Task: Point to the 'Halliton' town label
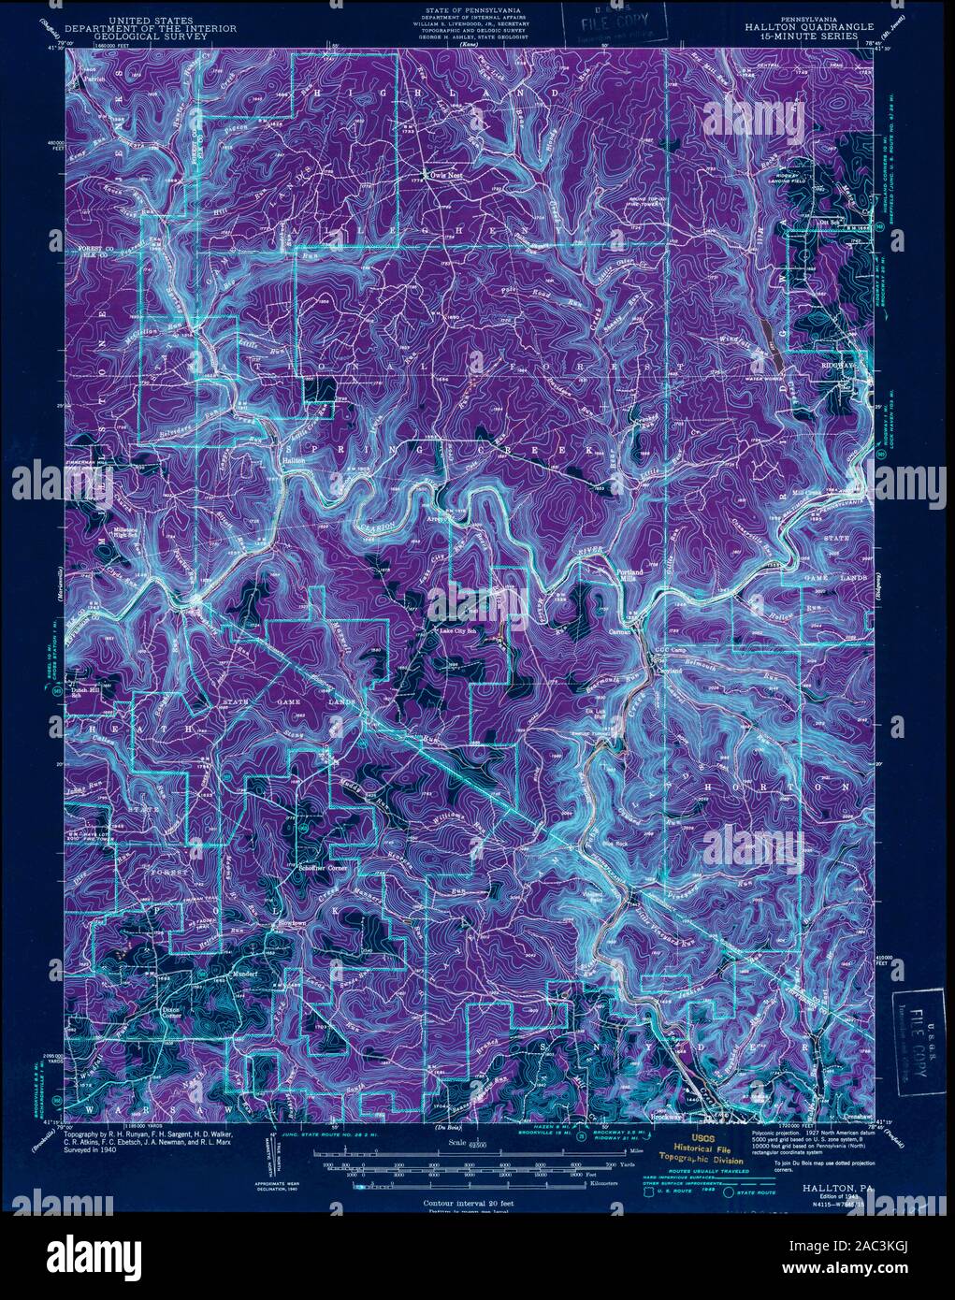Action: pyautogui.click(x=294, y=460)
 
